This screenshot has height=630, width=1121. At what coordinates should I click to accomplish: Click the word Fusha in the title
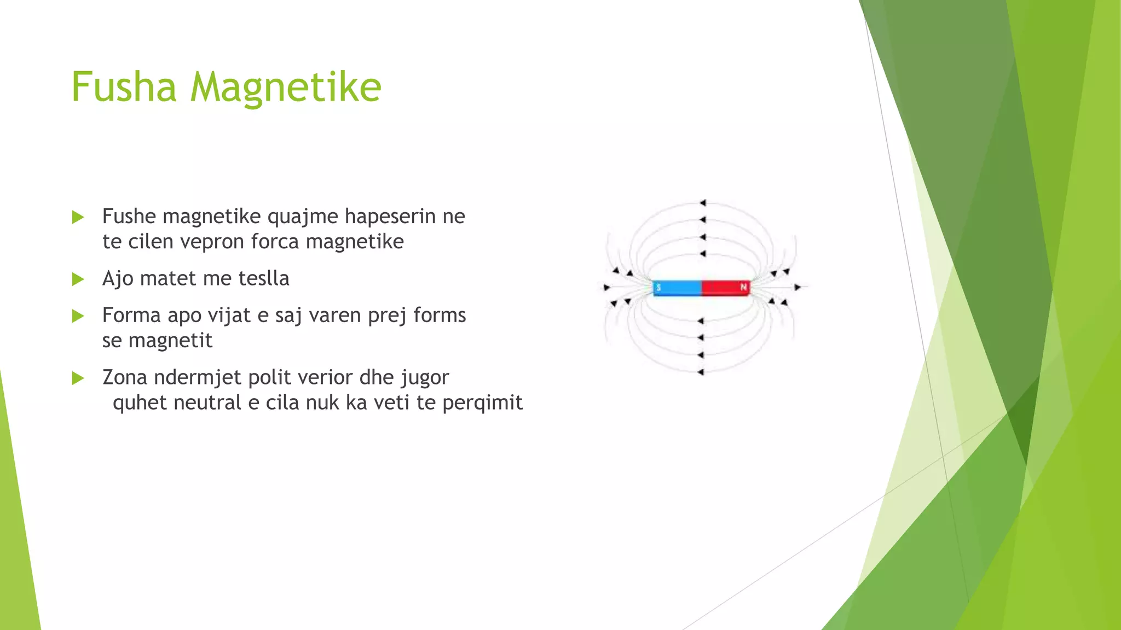click(x=124, y=87)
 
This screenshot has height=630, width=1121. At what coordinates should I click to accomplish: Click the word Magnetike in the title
click(x=285, y=87)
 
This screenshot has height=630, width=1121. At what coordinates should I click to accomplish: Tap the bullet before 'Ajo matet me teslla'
click(x=78, y=279)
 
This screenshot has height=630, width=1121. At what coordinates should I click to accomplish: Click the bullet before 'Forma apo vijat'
click(x=78, y=316)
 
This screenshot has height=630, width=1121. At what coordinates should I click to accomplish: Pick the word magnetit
click(x=170, y=341)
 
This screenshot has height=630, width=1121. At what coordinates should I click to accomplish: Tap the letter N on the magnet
click(x=743, y=287)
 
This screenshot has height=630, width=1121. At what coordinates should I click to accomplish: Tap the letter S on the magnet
click(x=658, y=287)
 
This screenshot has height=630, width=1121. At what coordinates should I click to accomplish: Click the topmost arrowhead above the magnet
click(x=703, y=203)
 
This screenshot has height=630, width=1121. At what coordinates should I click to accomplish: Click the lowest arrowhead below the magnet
click(x=701, y=372)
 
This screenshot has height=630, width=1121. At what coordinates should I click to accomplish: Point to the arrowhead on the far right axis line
click(x=798, y=287)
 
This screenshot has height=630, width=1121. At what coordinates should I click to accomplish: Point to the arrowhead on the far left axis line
click(x=606, y=287)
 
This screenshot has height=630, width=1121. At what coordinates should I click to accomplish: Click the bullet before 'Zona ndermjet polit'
click(x=78, y=378)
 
